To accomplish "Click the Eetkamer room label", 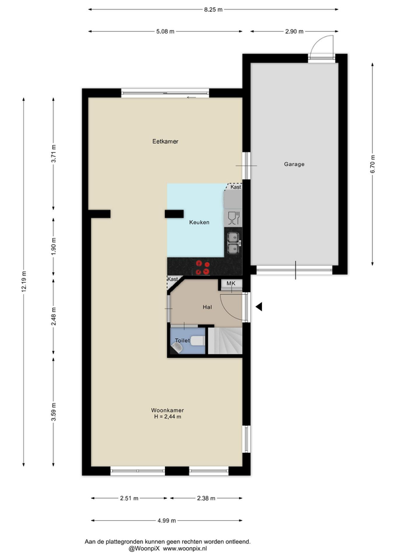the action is coord(165,142).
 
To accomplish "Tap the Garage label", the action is coord(294,164).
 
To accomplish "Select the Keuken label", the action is coord(199,222).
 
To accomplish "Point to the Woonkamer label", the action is coord(168,410).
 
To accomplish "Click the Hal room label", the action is coord(207,307).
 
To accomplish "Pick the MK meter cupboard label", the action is coord(231,283).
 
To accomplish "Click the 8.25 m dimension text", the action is coord(213,10).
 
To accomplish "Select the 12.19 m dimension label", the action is coord(24,281).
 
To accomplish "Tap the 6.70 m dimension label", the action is coord(373,164).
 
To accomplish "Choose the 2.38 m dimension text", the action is coord(206,498).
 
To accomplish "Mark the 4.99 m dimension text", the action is coord(167,521).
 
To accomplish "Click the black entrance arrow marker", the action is coord(259,307).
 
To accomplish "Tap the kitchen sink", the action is coord(234,243).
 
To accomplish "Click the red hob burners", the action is coord(203,268).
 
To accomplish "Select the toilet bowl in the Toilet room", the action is coord(197,341).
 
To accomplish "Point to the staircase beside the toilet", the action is coord(225,341).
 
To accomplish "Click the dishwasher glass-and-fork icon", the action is coord(234,218).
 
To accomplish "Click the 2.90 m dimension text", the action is coord(294,32).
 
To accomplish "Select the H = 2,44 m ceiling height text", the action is coord(168,417).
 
